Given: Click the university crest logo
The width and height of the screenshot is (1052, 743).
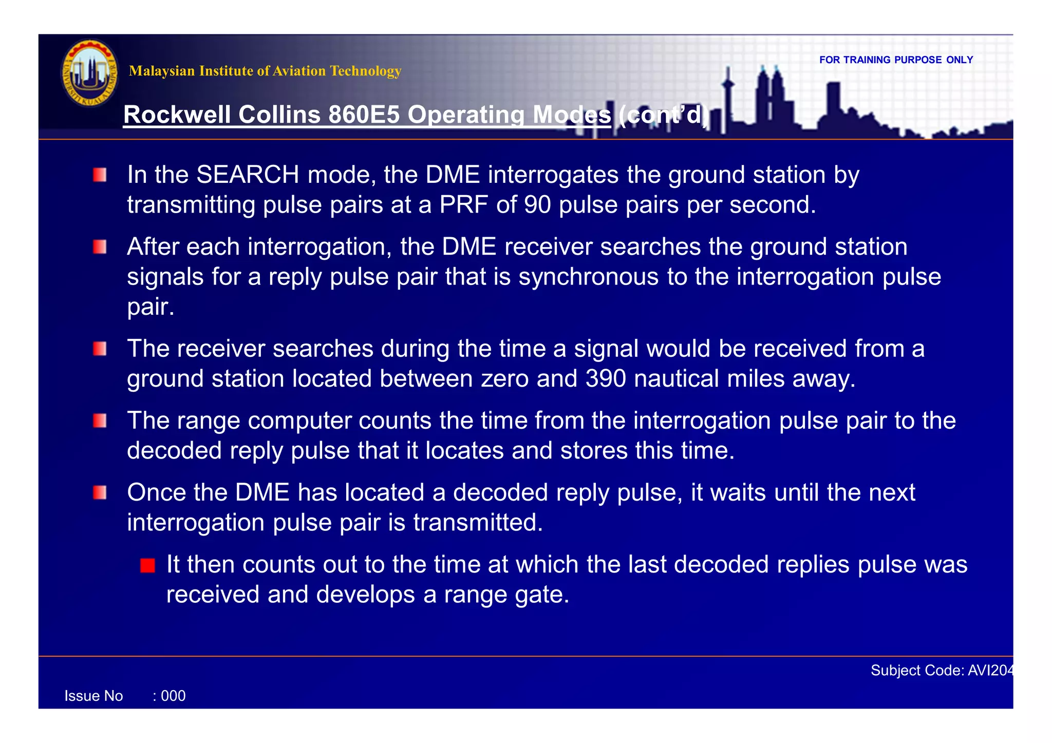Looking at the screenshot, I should tap(90, 73).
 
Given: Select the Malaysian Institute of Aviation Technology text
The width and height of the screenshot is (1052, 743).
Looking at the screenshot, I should tap(265, 71).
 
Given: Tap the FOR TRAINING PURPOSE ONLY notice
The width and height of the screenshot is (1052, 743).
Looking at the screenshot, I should tap(896, 60).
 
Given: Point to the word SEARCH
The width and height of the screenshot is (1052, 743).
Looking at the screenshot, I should tap(248, 175).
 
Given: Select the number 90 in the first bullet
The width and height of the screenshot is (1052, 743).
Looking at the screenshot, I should tap(537, 205).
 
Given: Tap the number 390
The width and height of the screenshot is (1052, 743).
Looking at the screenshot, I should tap(606, 379).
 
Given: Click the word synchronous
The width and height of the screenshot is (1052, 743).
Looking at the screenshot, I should tap(589, 277).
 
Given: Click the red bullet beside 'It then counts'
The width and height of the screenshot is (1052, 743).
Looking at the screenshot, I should tap(147, 566).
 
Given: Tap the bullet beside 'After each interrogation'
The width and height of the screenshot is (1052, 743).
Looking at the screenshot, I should tap(100, 247).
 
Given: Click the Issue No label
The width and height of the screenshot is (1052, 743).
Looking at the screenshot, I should tap(93, 696).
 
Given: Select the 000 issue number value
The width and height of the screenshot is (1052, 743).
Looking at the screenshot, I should tap(173, 696).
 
